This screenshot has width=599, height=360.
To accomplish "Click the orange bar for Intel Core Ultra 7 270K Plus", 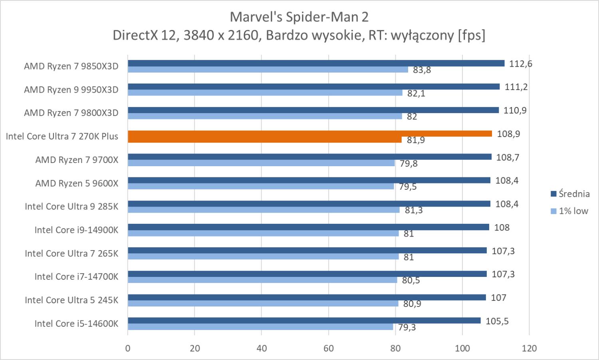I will click(309, 134).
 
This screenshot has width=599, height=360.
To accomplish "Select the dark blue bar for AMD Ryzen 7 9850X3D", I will click(316, 64).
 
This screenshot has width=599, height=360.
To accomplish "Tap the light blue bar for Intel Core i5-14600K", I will click(260, 327).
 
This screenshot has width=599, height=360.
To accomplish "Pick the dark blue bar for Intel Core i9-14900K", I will click(308, 227).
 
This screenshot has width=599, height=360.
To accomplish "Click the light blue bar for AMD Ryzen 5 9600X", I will click(261, 186).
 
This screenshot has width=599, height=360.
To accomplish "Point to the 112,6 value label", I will click(520, 64).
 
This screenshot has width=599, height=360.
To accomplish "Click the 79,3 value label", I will click(407, 328).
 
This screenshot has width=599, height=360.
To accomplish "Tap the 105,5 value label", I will click(497, 321).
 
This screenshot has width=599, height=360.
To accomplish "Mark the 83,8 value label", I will click(422, 70).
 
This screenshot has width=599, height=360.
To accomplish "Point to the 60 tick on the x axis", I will click(329, 348).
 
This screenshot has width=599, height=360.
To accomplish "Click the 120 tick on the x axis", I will click(529, 348).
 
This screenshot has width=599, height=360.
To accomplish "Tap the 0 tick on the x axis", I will click(128, 348).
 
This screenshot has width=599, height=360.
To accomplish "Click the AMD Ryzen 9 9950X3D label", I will click(71, 90).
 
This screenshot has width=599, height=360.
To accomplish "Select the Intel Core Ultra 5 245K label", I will click(71, 300).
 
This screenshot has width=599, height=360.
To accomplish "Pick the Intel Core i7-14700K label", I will click(76, 276).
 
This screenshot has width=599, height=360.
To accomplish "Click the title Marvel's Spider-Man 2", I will click(299, 17).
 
